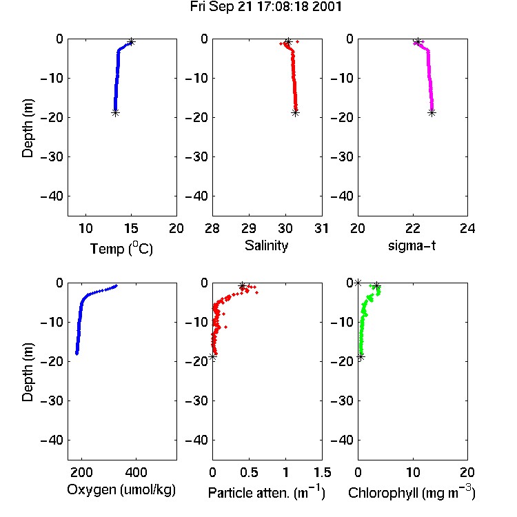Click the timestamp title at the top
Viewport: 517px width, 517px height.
266,7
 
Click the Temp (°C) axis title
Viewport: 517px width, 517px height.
121,248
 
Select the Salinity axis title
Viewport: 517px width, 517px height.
266,245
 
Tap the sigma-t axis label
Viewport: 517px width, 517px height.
412,245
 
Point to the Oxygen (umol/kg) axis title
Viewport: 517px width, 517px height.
121,490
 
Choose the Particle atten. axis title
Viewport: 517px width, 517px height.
267,492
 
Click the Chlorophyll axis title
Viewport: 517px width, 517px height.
412,492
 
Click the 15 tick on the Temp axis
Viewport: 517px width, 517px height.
131,228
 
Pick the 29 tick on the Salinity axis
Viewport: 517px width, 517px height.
249,228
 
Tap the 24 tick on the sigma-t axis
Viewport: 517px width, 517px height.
467,228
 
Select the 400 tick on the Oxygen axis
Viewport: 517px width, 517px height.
136,472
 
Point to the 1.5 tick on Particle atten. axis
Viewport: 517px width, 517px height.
323,472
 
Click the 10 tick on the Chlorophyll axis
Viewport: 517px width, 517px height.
413,472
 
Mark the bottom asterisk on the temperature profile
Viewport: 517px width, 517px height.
115,113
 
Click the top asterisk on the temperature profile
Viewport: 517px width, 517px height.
131,42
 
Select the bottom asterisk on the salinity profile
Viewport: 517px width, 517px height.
295,113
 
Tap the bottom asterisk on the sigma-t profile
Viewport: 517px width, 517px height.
432,113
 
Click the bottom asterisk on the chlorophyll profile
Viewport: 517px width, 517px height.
361,357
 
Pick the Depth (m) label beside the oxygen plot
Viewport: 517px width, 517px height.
28,372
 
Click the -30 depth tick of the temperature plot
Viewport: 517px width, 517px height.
52,156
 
